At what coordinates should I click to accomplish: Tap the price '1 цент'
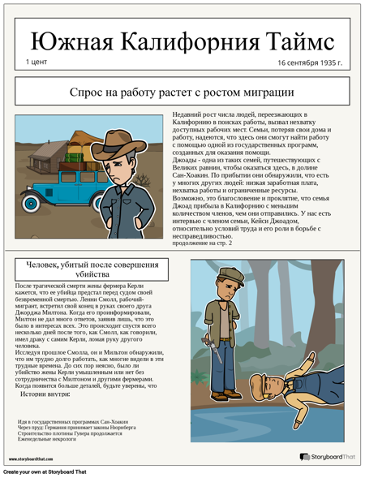point(37,62)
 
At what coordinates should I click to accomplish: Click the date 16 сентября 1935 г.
point(309,62)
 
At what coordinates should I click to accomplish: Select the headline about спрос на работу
point(182,93)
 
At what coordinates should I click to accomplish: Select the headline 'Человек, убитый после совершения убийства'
point(92,269)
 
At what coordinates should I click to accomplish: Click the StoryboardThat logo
point(328,458)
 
